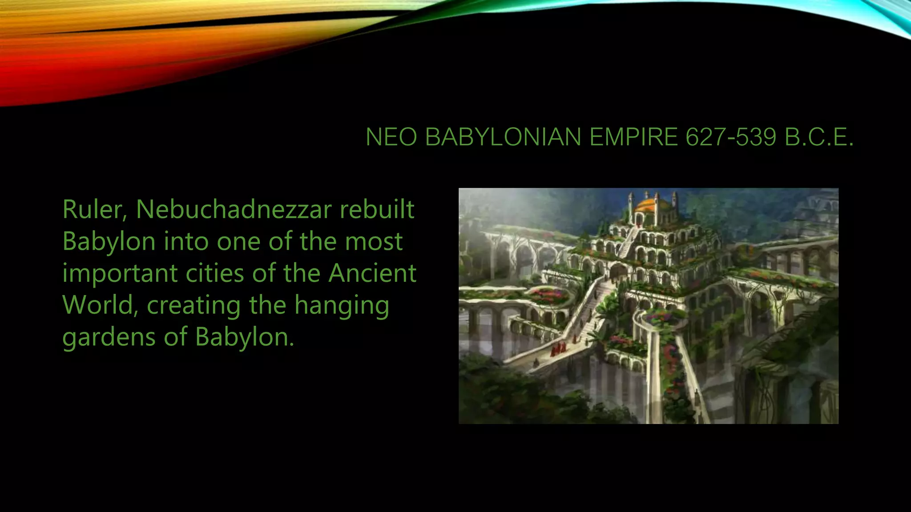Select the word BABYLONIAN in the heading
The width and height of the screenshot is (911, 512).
click(x=503, y=137)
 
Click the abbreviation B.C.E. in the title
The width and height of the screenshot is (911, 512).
click(x=819, y=137)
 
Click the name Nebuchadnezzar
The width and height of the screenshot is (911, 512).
click(x=234, y=209)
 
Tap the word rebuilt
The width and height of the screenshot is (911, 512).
click(x=377, y=209)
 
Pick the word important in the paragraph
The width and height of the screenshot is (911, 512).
click(x=120, y=273)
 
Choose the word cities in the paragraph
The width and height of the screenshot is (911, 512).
click(x=214, y=273)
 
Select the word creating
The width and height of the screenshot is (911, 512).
click(x=194, y=305)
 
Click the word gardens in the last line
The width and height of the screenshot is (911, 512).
click(x=109, y=337)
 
